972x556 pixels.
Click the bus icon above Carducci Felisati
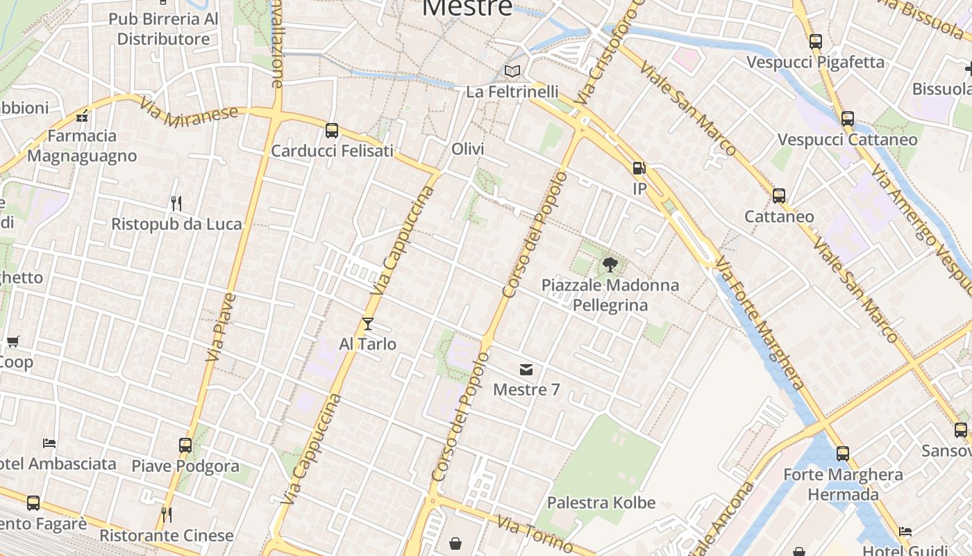tap(332, 130)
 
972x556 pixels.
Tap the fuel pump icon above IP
tap(639, 168)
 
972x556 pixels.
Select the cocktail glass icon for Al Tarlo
tap(367, 323)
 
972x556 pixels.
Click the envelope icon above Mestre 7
tap(526, 369)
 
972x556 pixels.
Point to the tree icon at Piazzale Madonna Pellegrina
tap(610, 264)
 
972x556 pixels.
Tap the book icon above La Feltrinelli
tap(512, 71)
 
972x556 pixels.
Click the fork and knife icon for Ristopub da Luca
tap(176, 203)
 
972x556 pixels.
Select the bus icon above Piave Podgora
tap(185, 445)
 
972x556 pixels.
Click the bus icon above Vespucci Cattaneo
tap(848, 119)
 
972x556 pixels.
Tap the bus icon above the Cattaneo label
tap(779, 196)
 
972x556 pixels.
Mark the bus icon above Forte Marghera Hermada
tap(843, 454)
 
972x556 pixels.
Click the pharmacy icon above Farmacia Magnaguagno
tap(82, 115)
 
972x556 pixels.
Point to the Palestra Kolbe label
tap(601, 502)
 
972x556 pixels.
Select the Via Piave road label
tap(221, 327)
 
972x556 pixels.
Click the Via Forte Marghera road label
tap(760, 322)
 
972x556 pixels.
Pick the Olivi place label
tap(468, 149)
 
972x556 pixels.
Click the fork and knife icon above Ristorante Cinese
tap(166, 515)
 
